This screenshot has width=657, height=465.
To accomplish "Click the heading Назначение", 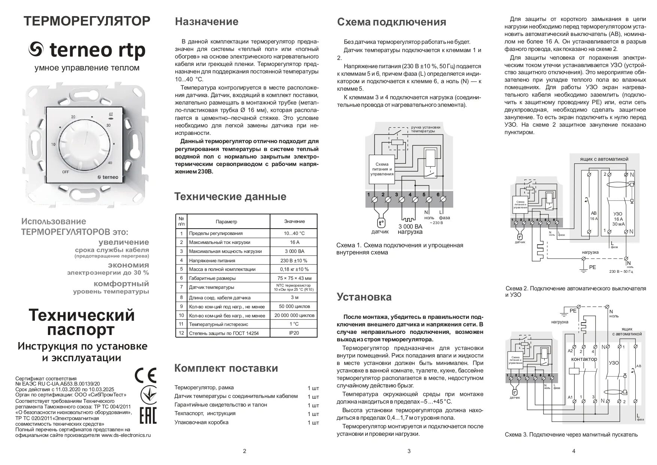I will click(206, 22).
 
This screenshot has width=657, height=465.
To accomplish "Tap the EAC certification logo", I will click(148, 416).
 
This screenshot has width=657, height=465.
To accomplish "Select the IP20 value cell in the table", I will click(294, 333).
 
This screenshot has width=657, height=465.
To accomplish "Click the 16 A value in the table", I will click(294, 242).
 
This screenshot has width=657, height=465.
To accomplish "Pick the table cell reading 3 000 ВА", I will click(294, 251).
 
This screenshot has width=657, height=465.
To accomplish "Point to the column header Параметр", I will click(226, 221).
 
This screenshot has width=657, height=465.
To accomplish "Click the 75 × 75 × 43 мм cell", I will click(294, 278).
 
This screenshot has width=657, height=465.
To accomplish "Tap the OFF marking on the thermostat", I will click(66, 172).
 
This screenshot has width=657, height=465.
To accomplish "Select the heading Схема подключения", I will click(391, 22).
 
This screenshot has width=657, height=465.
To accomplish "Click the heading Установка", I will click(364, 297).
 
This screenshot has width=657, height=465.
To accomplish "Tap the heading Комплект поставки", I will click(226, 368).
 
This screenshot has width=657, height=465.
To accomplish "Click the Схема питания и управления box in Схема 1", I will click(382, 169).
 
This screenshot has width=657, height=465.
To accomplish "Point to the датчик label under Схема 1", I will click(380, 232).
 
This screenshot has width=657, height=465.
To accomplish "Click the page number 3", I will click(409, 451).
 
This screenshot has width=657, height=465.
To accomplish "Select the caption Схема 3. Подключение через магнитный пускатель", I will click(571, 435).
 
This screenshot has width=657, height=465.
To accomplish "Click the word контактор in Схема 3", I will click(584, 359).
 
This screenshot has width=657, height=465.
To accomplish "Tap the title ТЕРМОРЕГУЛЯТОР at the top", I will click(87, 21).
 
